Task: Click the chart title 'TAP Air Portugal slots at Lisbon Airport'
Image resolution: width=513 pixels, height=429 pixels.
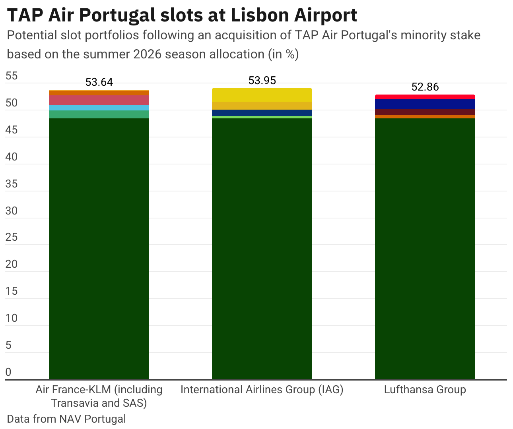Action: pos(182,15)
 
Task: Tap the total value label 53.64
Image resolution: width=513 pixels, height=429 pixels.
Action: pos(99,82)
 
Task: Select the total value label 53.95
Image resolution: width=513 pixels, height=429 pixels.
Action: pos(262,81)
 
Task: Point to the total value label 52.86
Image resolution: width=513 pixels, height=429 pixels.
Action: pos(425,87)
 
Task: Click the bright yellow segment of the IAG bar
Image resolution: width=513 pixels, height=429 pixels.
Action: pos(262,95)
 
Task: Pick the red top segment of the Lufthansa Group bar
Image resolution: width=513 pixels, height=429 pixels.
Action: pos(425,97)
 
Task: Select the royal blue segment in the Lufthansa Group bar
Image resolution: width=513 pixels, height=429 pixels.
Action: pos(425,104)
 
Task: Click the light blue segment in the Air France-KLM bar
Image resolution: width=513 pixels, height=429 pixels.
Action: pos(99,108)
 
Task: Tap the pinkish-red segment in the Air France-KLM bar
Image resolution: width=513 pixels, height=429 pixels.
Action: pos(99,100)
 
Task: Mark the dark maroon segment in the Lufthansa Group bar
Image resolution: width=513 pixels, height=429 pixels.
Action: pos(425,112)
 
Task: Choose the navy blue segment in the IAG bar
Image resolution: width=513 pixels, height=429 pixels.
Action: pos(262,113)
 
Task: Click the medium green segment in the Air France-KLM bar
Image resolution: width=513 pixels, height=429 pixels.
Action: pos(99,114)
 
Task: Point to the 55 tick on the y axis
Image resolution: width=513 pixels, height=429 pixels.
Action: pos(12,76)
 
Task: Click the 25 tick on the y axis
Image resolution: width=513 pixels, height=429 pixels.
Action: pos(12,237)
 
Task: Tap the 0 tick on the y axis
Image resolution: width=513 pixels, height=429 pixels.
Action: pos(9,372)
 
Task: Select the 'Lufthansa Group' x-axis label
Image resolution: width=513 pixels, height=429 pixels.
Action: pos(425,390)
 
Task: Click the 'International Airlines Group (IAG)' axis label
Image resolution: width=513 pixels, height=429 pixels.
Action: pos(262,390)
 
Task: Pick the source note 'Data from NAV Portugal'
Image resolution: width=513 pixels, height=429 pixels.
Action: pos(66,419)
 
